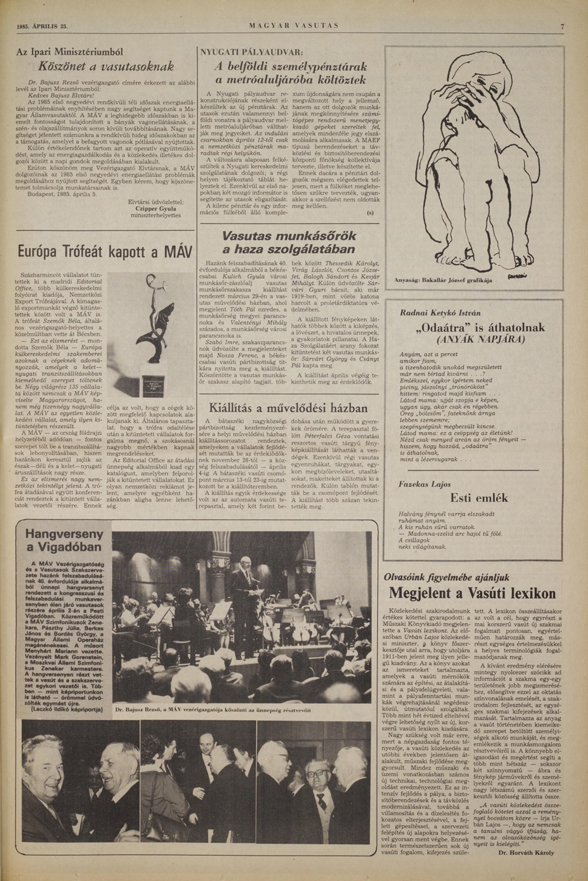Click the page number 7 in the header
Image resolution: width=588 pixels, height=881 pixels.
click(x=562, y=27)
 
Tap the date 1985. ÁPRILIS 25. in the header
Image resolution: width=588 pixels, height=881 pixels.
click(x=42, y=27)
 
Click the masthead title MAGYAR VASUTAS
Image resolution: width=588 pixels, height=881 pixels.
click(x=294, y=26)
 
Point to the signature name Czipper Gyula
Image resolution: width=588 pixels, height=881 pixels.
click(x=156, y=209)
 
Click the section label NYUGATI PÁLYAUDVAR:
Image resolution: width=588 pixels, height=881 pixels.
click(x=252, y=52)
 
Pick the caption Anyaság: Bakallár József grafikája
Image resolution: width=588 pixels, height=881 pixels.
click(x=443, y=280)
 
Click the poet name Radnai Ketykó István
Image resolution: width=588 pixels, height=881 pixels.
click(x=440, y=313)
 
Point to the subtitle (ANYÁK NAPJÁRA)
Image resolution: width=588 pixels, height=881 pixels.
click(x=481, y=339)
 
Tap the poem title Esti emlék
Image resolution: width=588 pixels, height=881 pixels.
click(x=479, y=498)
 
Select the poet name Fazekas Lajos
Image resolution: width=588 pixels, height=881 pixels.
click(x=425, y=484)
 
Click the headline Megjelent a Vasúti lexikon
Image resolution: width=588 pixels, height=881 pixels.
click(x=472, y=593)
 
